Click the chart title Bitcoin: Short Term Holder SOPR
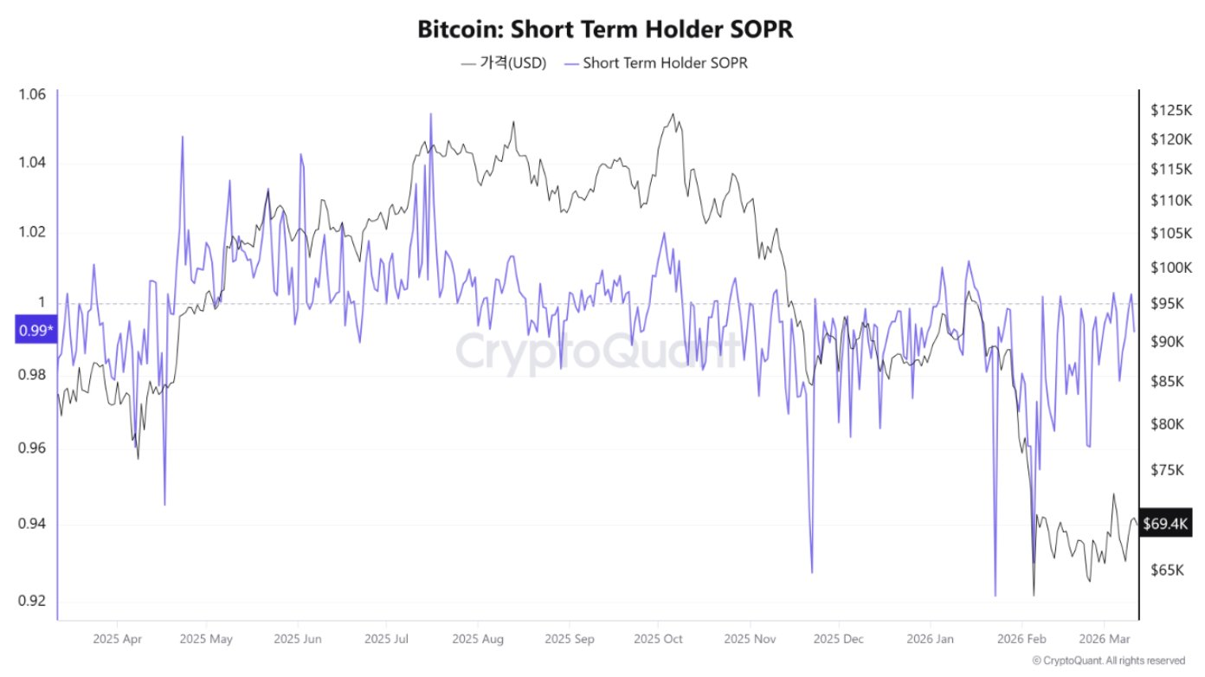point(605,29)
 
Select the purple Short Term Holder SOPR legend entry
point(663,63)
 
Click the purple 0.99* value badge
point(35,330)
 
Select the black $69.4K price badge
point(1166,524)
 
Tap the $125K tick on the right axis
point(1171,110)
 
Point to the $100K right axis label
point(1171,268)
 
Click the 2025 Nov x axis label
point(750,641)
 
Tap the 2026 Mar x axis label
point(1104,641)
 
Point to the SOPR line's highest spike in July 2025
point(430,113)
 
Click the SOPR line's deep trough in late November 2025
point(812,572)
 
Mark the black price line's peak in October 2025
point(673,113)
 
